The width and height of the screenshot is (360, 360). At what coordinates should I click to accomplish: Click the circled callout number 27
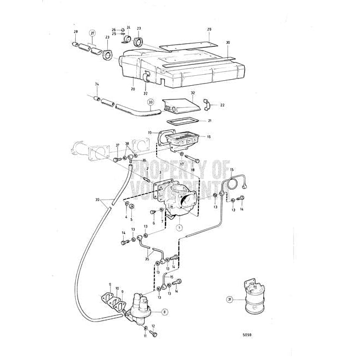click(x=92, y=34)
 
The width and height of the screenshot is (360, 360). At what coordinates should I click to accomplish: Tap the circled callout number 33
click(x=150, y=102)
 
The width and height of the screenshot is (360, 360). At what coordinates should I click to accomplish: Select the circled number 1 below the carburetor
click(x=179, y=226)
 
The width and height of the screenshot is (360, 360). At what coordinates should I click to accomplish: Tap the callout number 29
click(x=209, y=29)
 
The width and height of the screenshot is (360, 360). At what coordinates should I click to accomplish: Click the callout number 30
click(x=228, y=42)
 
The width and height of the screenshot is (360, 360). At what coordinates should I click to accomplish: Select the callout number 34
click(x=97, y=84)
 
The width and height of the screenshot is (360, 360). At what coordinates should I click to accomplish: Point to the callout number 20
click(x=133, y=88)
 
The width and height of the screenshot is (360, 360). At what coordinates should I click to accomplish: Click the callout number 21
click(x=209, y=120)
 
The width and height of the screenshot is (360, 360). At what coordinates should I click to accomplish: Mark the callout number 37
click(x=117, y=145)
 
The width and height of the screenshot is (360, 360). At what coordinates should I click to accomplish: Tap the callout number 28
click(x=76, y=32)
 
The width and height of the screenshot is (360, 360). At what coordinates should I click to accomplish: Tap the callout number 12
click(x=153, y=326)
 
